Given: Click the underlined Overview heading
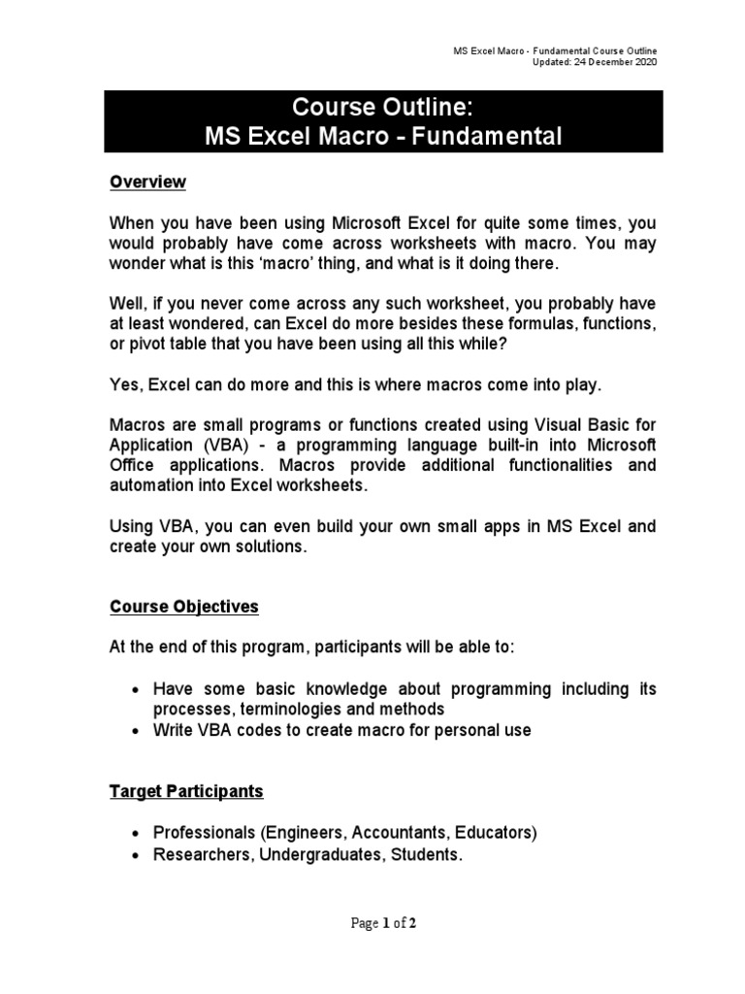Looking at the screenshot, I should click(x=146, y=182).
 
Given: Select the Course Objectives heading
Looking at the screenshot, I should click(x=183, y=607).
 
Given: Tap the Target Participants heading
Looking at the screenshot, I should click(x=185, y=791).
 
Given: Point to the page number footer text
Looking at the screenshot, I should click(x=383, y=923).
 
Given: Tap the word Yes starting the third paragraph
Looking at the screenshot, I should click(x=124, y=385).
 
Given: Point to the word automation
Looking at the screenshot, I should click(x=149, y=485).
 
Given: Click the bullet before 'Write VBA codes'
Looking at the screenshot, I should click(x=136, y=731).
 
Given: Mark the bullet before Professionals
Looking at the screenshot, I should click(x=136, y=834).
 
